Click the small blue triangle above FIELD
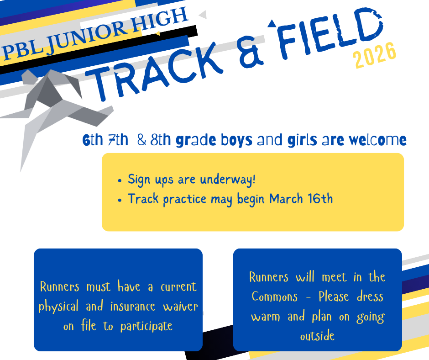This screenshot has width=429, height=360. coord(272,23)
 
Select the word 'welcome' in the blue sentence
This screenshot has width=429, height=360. coord(377,140)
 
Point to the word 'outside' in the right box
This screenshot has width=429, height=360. coord(317,337)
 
